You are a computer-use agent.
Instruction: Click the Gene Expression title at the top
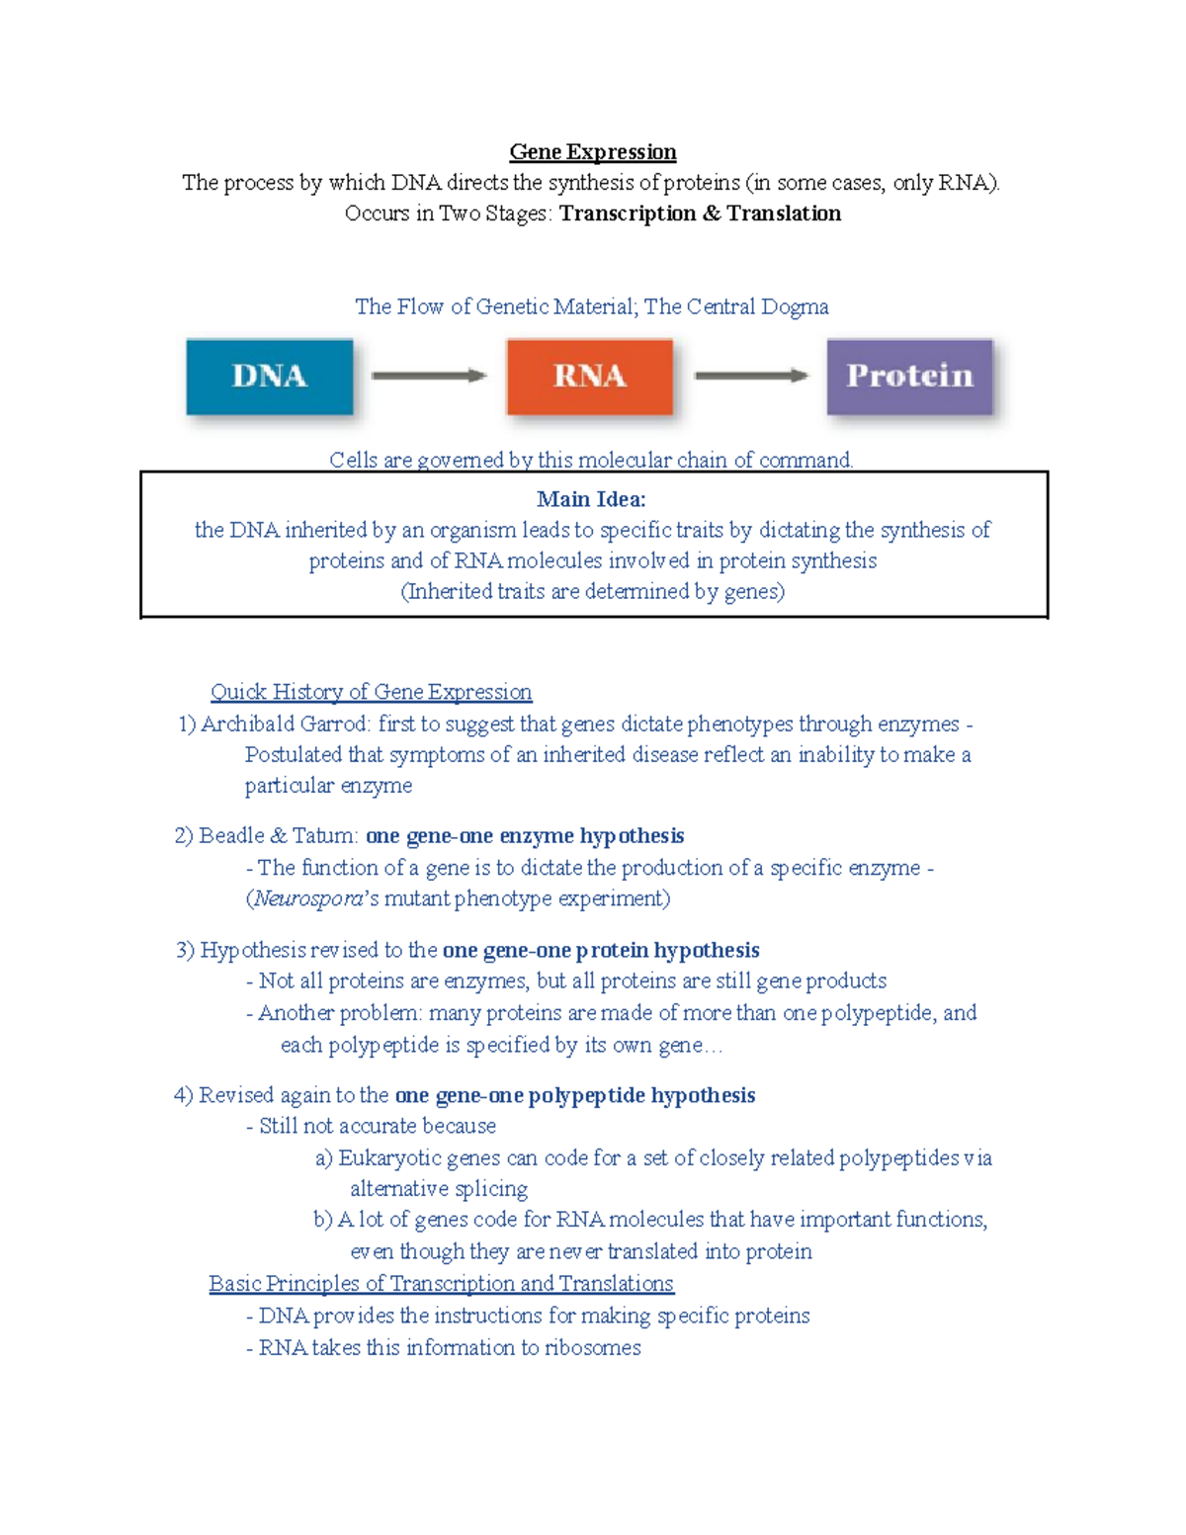click(x=592, y=152)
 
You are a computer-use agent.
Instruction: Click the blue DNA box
click(x=270, y=377)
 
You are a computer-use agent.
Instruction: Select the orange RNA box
click(x=590, y=377)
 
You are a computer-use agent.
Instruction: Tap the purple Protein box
click(x=909, y=377)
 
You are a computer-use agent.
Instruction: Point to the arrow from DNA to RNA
click(x=428, y=376)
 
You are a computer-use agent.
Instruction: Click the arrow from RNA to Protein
click(x=750, y=376)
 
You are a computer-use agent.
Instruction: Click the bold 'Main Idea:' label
click(x=591, y=499)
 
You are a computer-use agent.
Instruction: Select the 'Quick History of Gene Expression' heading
click(x=371, y=692)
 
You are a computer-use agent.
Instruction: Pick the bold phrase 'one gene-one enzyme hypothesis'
click(x=524, y=836)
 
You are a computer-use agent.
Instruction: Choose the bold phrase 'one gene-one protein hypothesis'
click(x=600, y=951)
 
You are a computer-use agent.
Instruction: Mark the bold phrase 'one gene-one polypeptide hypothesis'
click(x=574, y=1096)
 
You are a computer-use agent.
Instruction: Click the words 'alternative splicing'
click(x=439, y=1189)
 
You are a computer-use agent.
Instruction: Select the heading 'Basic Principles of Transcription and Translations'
click(x=441, y=1284)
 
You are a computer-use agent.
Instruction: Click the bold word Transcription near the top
click(x=627, y=214)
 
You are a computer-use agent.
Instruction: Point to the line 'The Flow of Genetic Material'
click(x=591, y=307)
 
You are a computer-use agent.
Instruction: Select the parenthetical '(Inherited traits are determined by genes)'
click(x=592, y=592)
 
